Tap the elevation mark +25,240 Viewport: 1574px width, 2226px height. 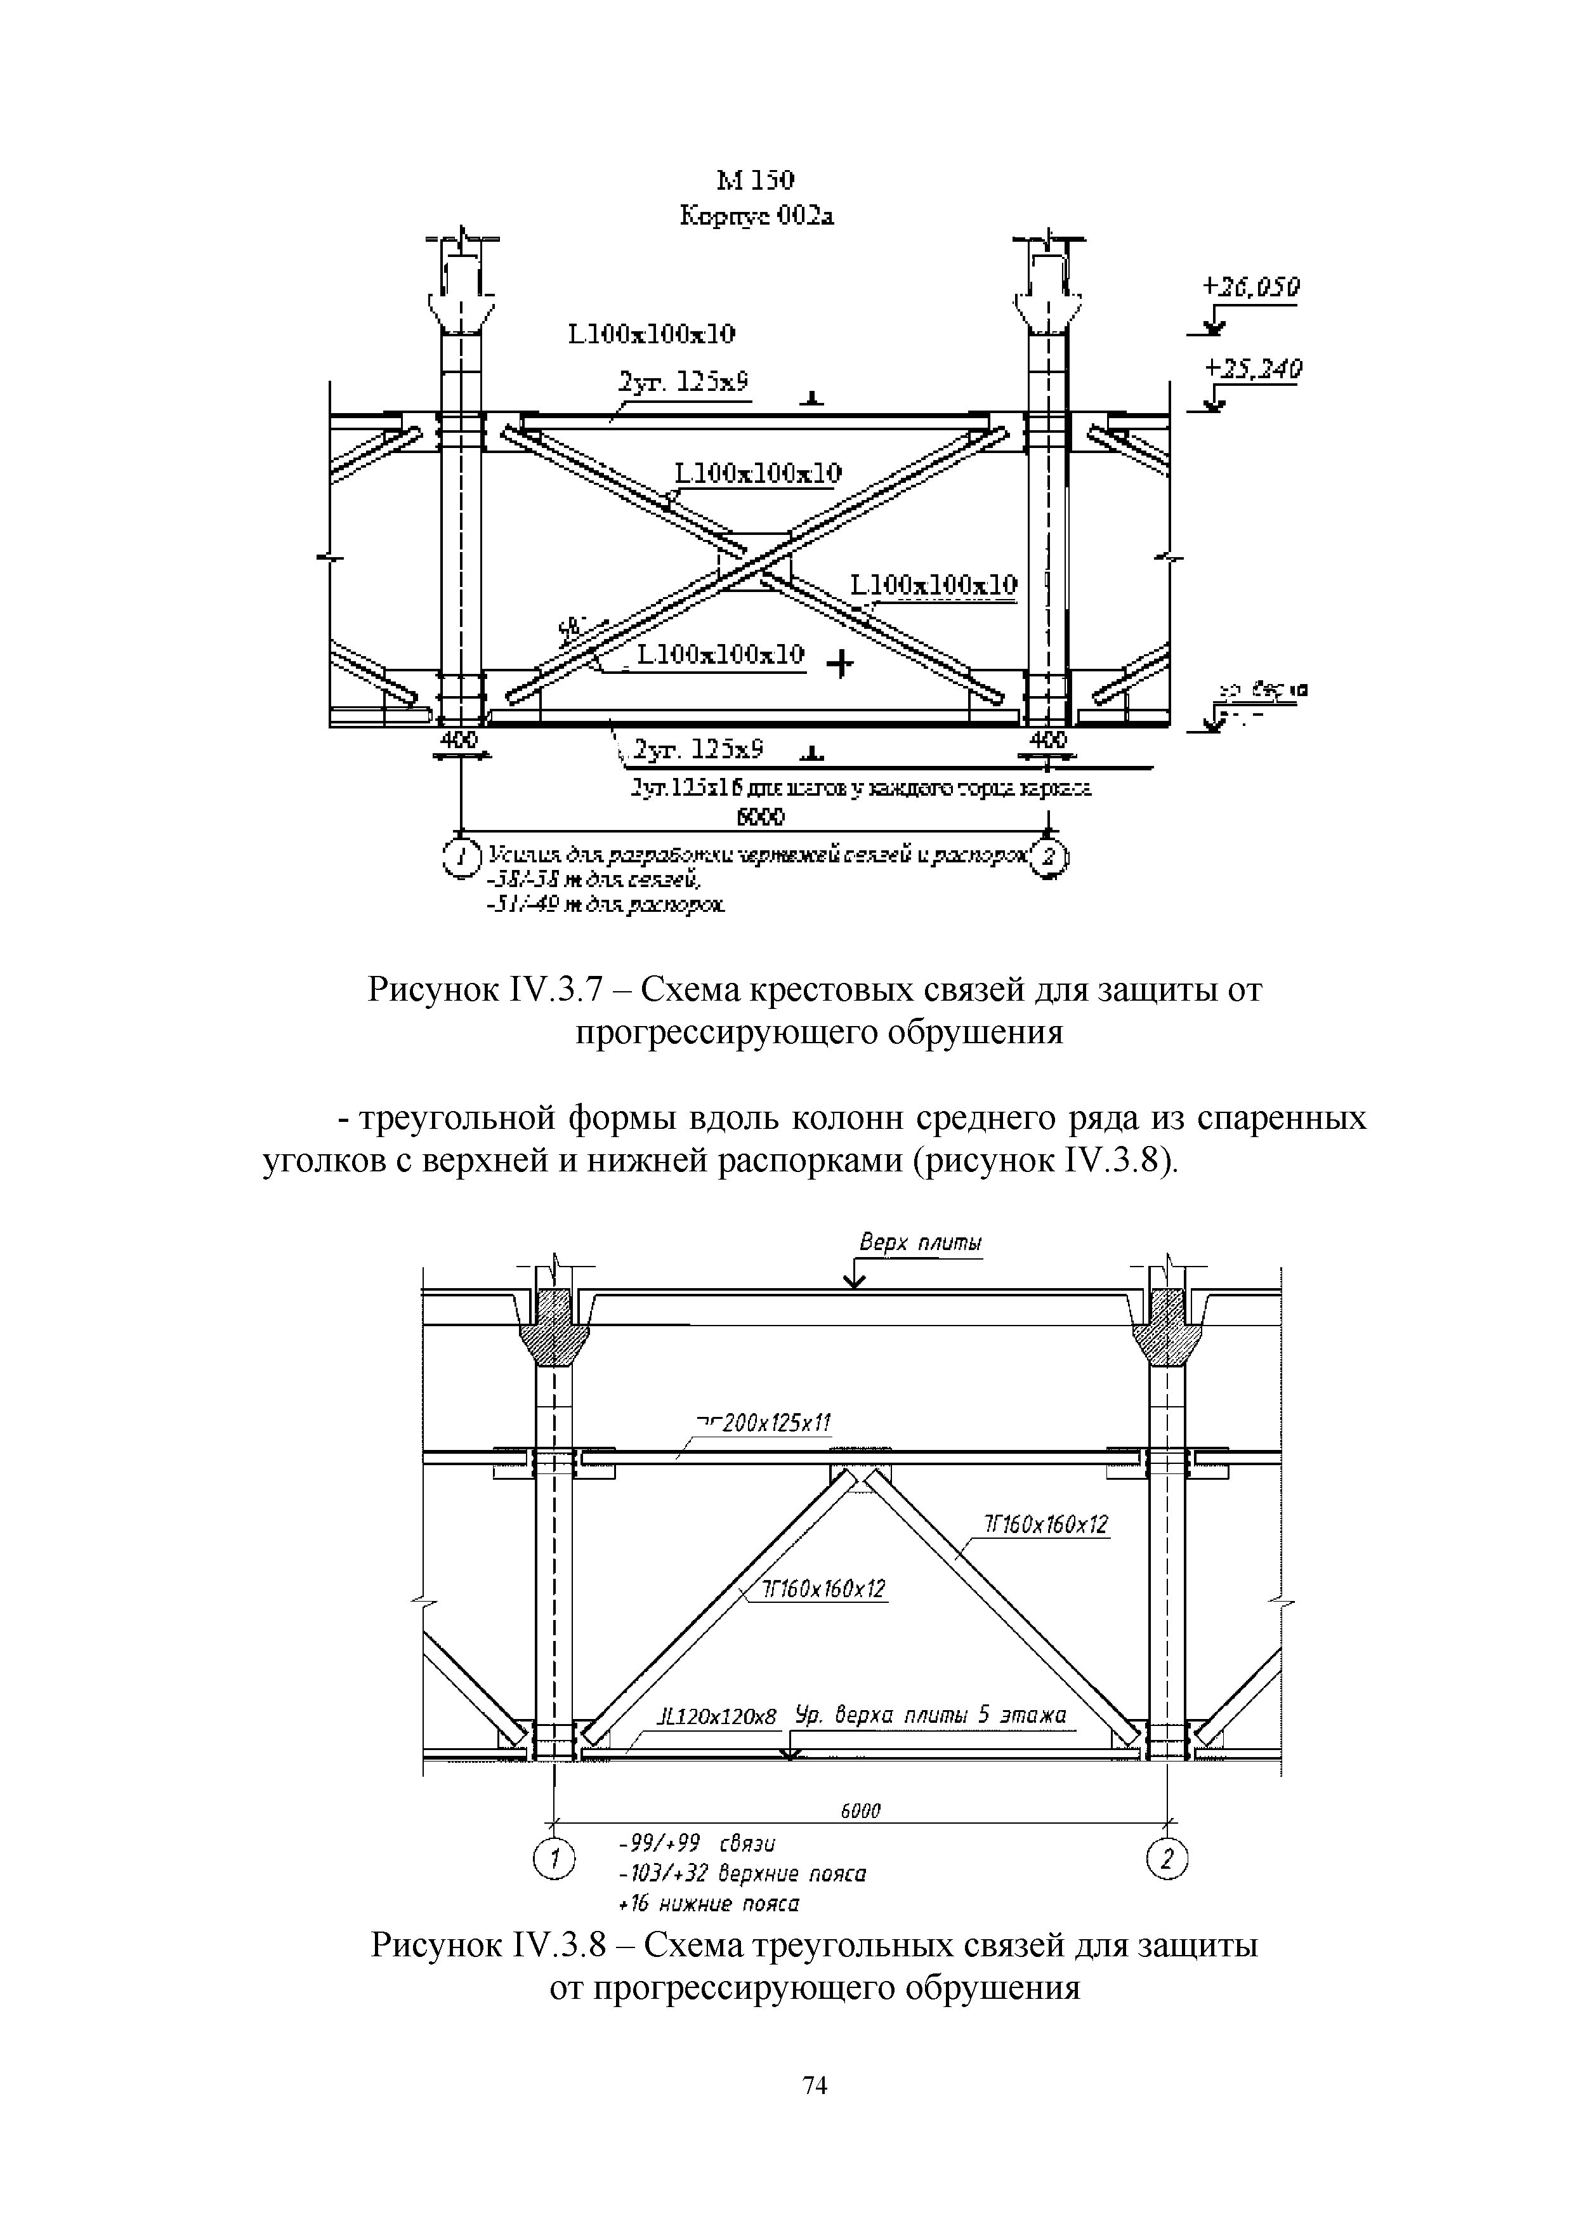(x=1252, y=369)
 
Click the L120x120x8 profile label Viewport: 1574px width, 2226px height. (x=718, y=1717)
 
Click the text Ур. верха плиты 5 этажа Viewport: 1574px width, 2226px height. (x=931, y=1715)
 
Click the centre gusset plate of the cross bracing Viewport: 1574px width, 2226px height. (x=755, y=560)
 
